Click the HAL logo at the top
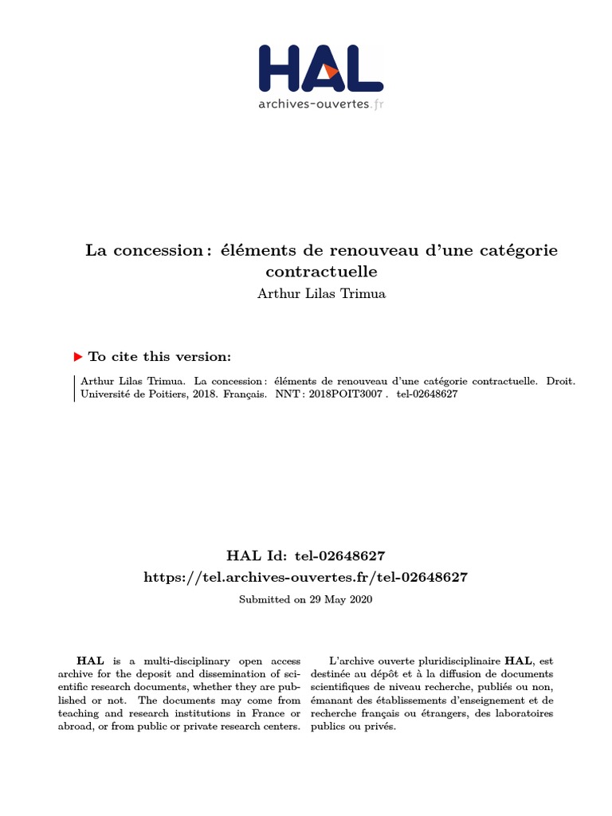[x=320, y=69]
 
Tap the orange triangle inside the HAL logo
[x=331, y=71]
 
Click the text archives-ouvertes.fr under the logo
[x=320, y=104]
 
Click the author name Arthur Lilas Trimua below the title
[x=321, y=293]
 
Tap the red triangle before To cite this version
[x=78, y=356]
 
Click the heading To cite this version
[x=159, y=356]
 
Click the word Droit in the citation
[x=560, y=381]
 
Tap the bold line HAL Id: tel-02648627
[x=306, y=555]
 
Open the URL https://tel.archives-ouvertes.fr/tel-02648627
[x=306, y=577]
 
